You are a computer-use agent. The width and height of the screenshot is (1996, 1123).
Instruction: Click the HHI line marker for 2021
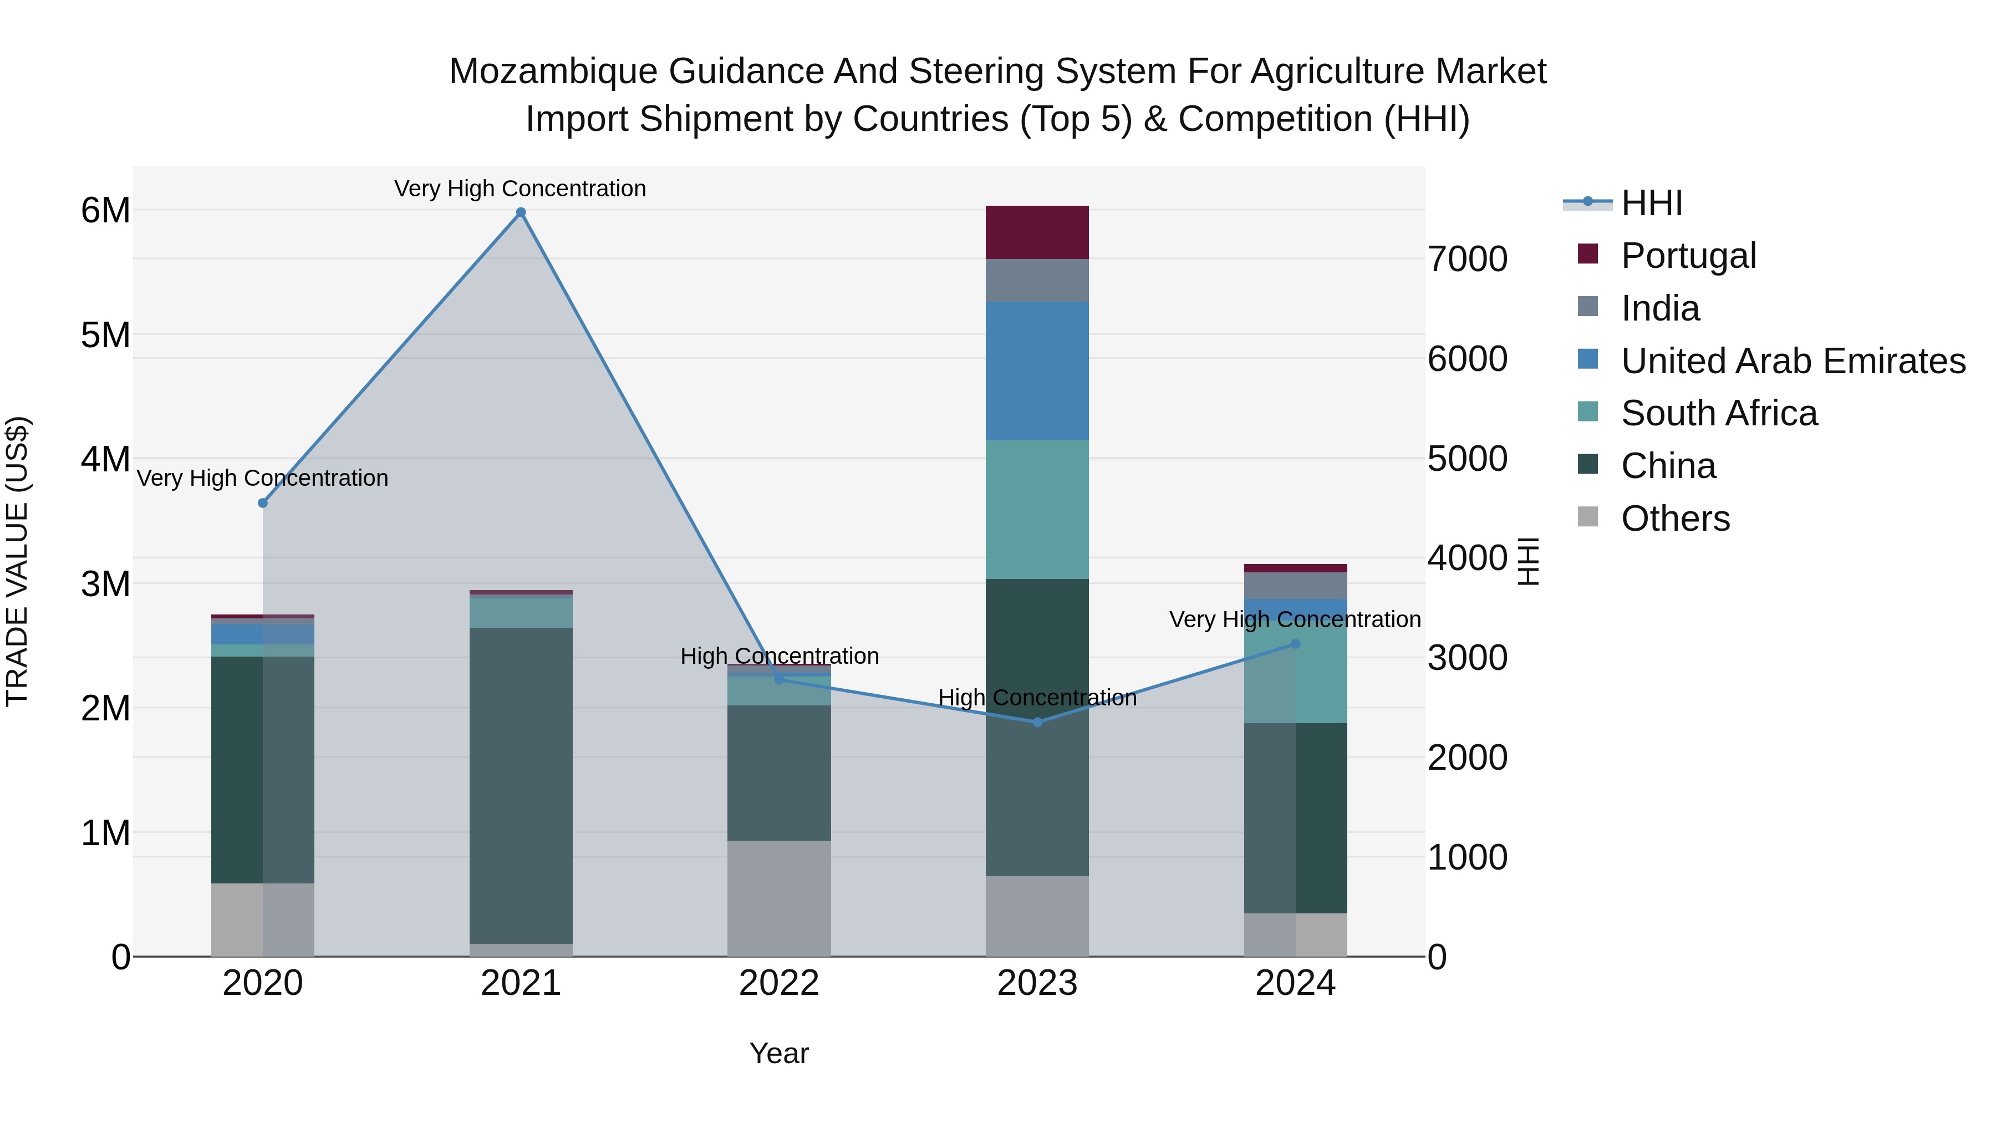pyautogui.click(x=521, y=212)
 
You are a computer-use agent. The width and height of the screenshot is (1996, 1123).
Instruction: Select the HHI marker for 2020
pyautogui.click(x=263, y=503)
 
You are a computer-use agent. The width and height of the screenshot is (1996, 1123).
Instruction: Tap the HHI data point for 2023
pyautogui.click(x=1037, y=722)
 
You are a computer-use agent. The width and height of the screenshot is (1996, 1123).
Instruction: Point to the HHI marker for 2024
pyautogui.click(x=1296, y=644)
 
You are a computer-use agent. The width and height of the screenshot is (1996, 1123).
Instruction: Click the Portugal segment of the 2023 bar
pyautogui.click(x=1037, y=232)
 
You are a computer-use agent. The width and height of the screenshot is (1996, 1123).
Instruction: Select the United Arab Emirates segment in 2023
pyautogui.click(x=1037, y=370)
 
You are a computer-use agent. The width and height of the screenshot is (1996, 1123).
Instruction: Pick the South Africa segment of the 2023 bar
pyautogui.click(x=1037, y=509)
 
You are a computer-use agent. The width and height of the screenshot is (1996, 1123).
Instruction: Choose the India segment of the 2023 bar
pyautogui.click(x=1037, y=280)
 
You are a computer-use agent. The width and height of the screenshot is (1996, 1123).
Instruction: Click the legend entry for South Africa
pyautogui.click(x=1719, y=413)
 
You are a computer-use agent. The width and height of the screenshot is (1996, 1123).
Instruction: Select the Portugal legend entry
pyautogui.click(x=1688, y=256)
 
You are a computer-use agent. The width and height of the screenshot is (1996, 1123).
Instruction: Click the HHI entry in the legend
pyautogui.click(x=1651, y=203)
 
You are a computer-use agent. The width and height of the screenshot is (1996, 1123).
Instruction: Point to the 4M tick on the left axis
pyautogui.click(x=105, y=459)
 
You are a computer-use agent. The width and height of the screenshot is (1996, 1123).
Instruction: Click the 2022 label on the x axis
pyautogui.click(x=779, y=983)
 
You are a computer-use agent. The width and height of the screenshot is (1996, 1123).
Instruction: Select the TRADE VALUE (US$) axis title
pyautogui.click(x=17, y=561)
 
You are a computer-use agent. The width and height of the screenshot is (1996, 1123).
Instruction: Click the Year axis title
pyautogui.click(x=779, y=1053)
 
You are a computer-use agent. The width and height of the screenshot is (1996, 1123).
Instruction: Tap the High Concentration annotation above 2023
pyautogui.click(x=1037, y=698)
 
